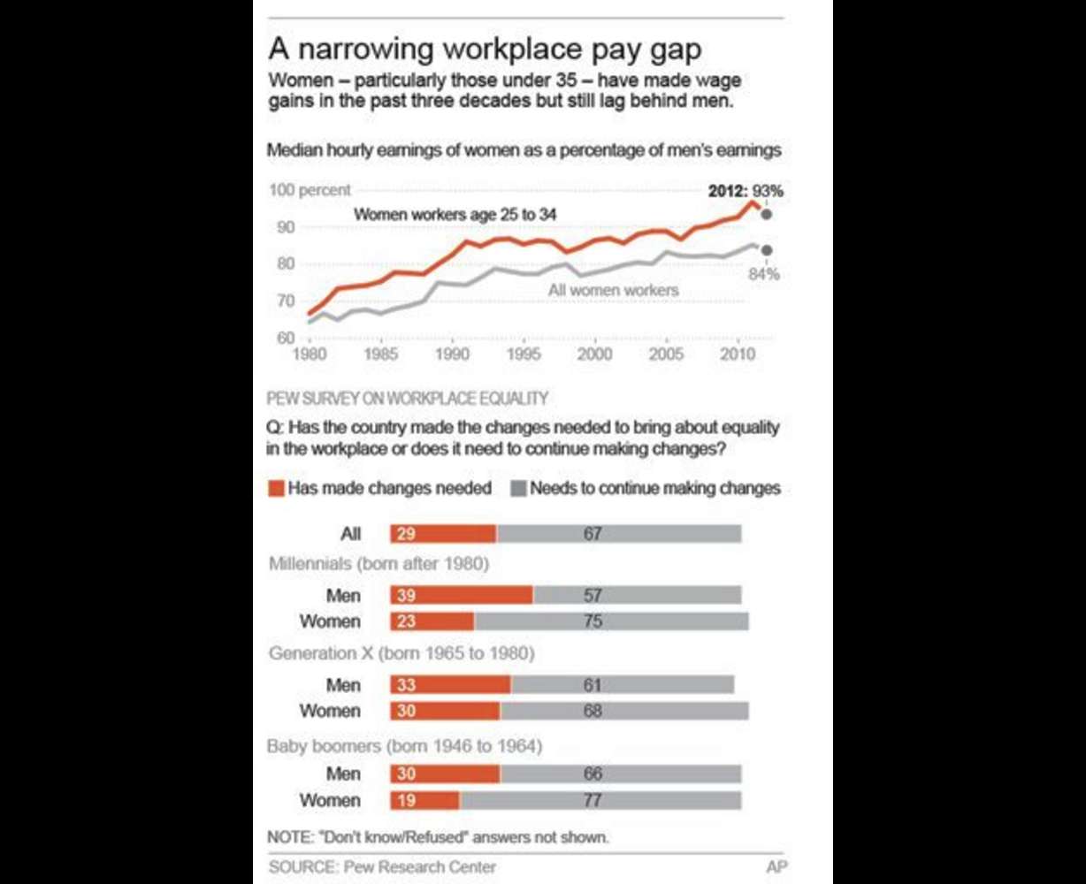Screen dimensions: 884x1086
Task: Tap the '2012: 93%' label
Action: coord(746,190)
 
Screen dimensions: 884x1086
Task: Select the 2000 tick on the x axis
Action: coord(595,354)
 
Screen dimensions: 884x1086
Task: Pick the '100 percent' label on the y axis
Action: coord(310,190)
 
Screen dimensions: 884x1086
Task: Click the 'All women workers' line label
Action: coord(613,290)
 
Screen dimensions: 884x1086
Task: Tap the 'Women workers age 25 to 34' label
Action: coord(455,214)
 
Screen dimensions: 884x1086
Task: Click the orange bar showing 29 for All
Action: coord(443,533)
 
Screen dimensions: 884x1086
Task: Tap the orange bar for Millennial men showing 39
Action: coord(462,596)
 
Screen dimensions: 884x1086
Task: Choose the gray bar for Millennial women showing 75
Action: coord(611,621)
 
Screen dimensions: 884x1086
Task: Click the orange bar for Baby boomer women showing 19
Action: coord(424,800)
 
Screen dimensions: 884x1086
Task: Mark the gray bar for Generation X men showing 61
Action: coord(623,685)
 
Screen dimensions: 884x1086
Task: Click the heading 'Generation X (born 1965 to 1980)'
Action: coord(401,654)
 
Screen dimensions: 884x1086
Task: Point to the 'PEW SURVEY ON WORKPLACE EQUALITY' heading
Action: coord(408,399)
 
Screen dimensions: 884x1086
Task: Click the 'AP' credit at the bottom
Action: coord(776,867)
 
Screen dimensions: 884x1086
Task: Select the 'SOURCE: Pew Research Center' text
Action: coord(382,867)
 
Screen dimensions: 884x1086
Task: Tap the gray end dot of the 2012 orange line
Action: coord(767,214)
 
